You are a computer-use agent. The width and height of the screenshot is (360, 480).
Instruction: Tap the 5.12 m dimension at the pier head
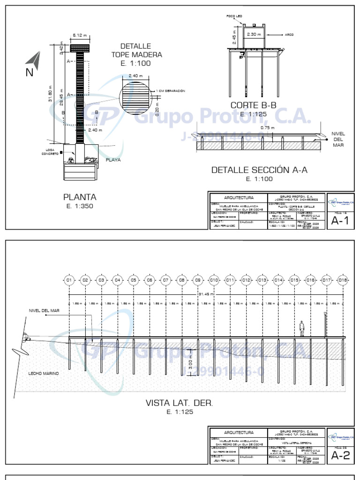click(77, 35)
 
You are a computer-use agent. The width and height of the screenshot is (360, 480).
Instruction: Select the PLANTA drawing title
click(80, 197)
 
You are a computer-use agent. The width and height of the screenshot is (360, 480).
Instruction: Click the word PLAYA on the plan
click(113, 159)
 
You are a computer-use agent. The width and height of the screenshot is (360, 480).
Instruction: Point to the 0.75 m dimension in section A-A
click(267, 127)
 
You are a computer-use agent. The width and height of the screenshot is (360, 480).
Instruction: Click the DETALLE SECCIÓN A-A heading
click(259, 170)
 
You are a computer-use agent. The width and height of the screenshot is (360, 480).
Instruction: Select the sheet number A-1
click(340, 221)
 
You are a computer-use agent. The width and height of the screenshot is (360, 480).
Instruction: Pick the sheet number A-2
click(340, 455)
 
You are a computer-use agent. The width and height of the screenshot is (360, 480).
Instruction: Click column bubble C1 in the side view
click(69, 280)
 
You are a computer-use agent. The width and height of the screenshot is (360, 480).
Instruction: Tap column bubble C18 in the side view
click(342, 280)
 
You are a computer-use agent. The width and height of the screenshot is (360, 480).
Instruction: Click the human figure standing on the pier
click(303, 329)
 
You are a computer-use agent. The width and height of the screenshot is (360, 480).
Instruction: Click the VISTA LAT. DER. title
click(179, 403)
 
